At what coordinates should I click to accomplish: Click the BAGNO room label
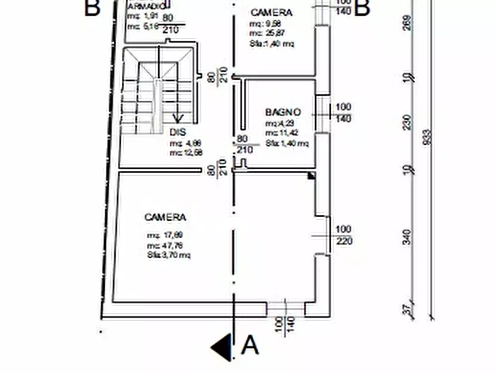point(283,112)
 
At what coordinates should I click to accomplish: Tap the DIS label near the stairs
point(177,132)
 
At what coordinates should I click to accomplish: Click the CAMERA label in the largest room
point(165,217)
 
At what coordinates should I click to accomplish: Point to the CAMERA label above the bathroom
point(271,12)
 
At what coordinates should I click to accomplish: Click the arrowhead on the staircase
point(178,118)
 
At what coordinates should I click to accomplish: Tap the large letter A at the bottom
point(250,346)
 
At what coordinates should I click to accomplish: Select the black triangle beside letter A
point(222,346)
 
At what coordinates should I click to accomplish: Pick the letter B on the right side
point(362,8)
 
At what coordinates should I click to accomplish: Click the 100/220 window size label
point(344,235)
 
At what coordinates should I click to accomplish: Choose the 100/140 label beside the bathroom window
point(344,112)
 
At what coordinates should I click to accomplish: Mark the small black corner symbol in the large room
point(312,176)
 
